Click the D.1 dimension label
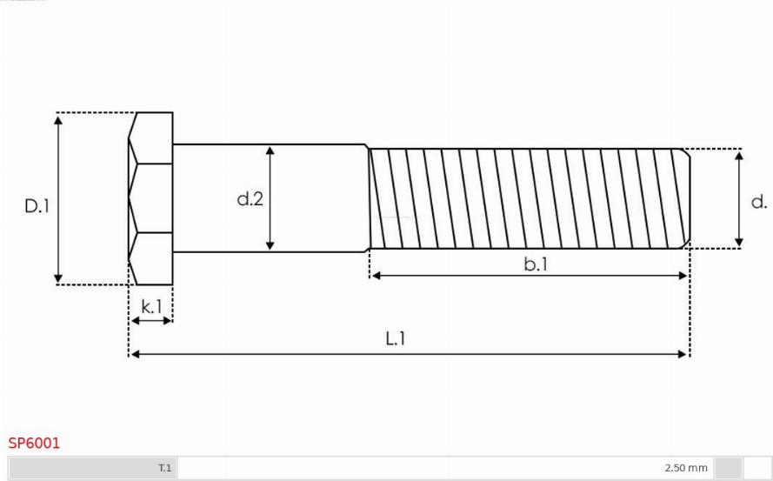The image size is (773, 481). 37,206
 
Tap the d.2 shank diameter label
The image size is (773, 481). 250,199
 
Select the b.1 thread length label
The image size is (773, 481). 536,264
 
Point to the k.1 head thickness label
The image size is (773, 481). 151,307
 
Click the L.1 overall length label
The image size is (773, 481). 396,338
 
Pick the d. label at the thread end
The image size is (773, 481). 759,202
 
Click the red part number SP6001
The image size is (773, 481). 34,443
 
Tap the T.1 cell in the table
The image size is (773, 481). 164,468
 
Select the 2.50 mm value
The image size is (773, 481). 686,468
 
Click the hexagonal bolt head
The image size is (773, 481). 150,199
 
